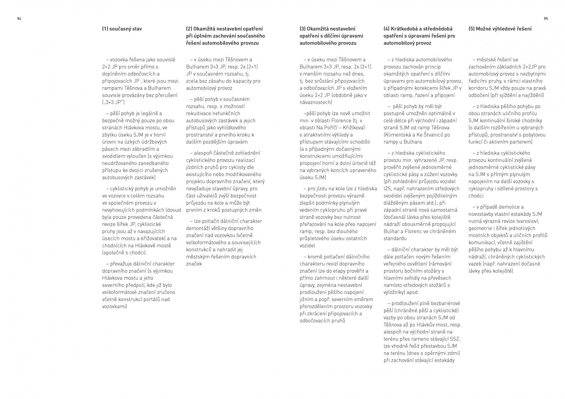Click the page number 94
pos(19,19)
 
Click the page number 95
pos(546,19)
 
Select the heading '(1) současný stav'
pos(122,29)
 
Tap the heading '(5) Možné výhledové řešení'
pos(500,29)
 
